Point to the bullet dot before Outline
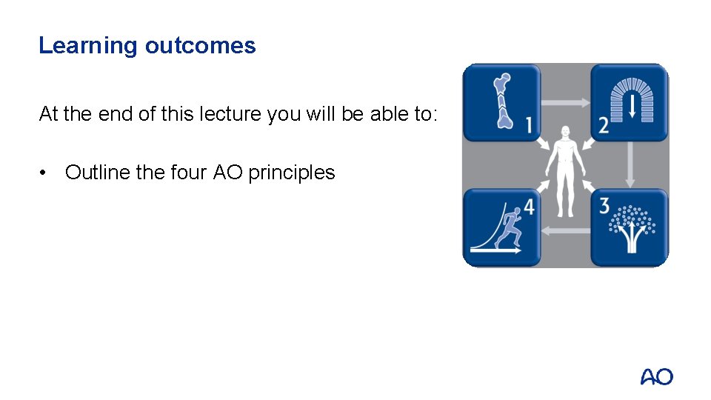(46, 173)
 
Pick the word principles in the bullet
(292, 173)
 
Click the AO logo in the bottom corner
(656, 377)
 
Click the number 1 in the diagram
(528, 125)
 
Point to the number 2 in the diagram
(604, 125)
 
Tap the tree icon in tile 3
(632, 230)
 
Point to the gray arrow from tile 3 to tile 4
(566, 231)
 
